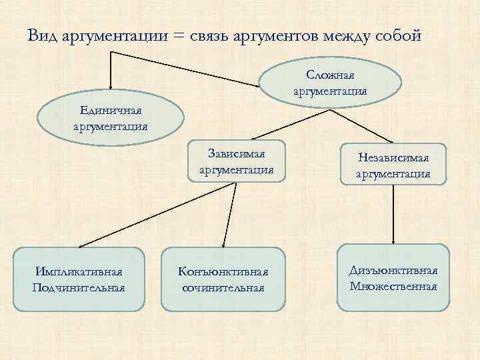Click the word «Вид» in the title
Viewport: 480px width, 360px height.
point(43,35)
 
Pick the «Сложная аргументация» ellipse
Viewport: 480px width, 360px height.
point(330,83)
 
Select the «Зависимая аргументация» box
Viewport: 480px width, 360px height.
point(237,162)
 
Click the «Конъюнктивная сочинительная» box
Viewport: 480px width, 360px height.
point(223,280)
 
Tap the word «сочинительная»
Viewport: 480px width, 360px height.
point(223,288)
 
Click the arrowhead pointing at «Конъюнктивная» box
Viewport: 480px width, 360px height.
point(223,245)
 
